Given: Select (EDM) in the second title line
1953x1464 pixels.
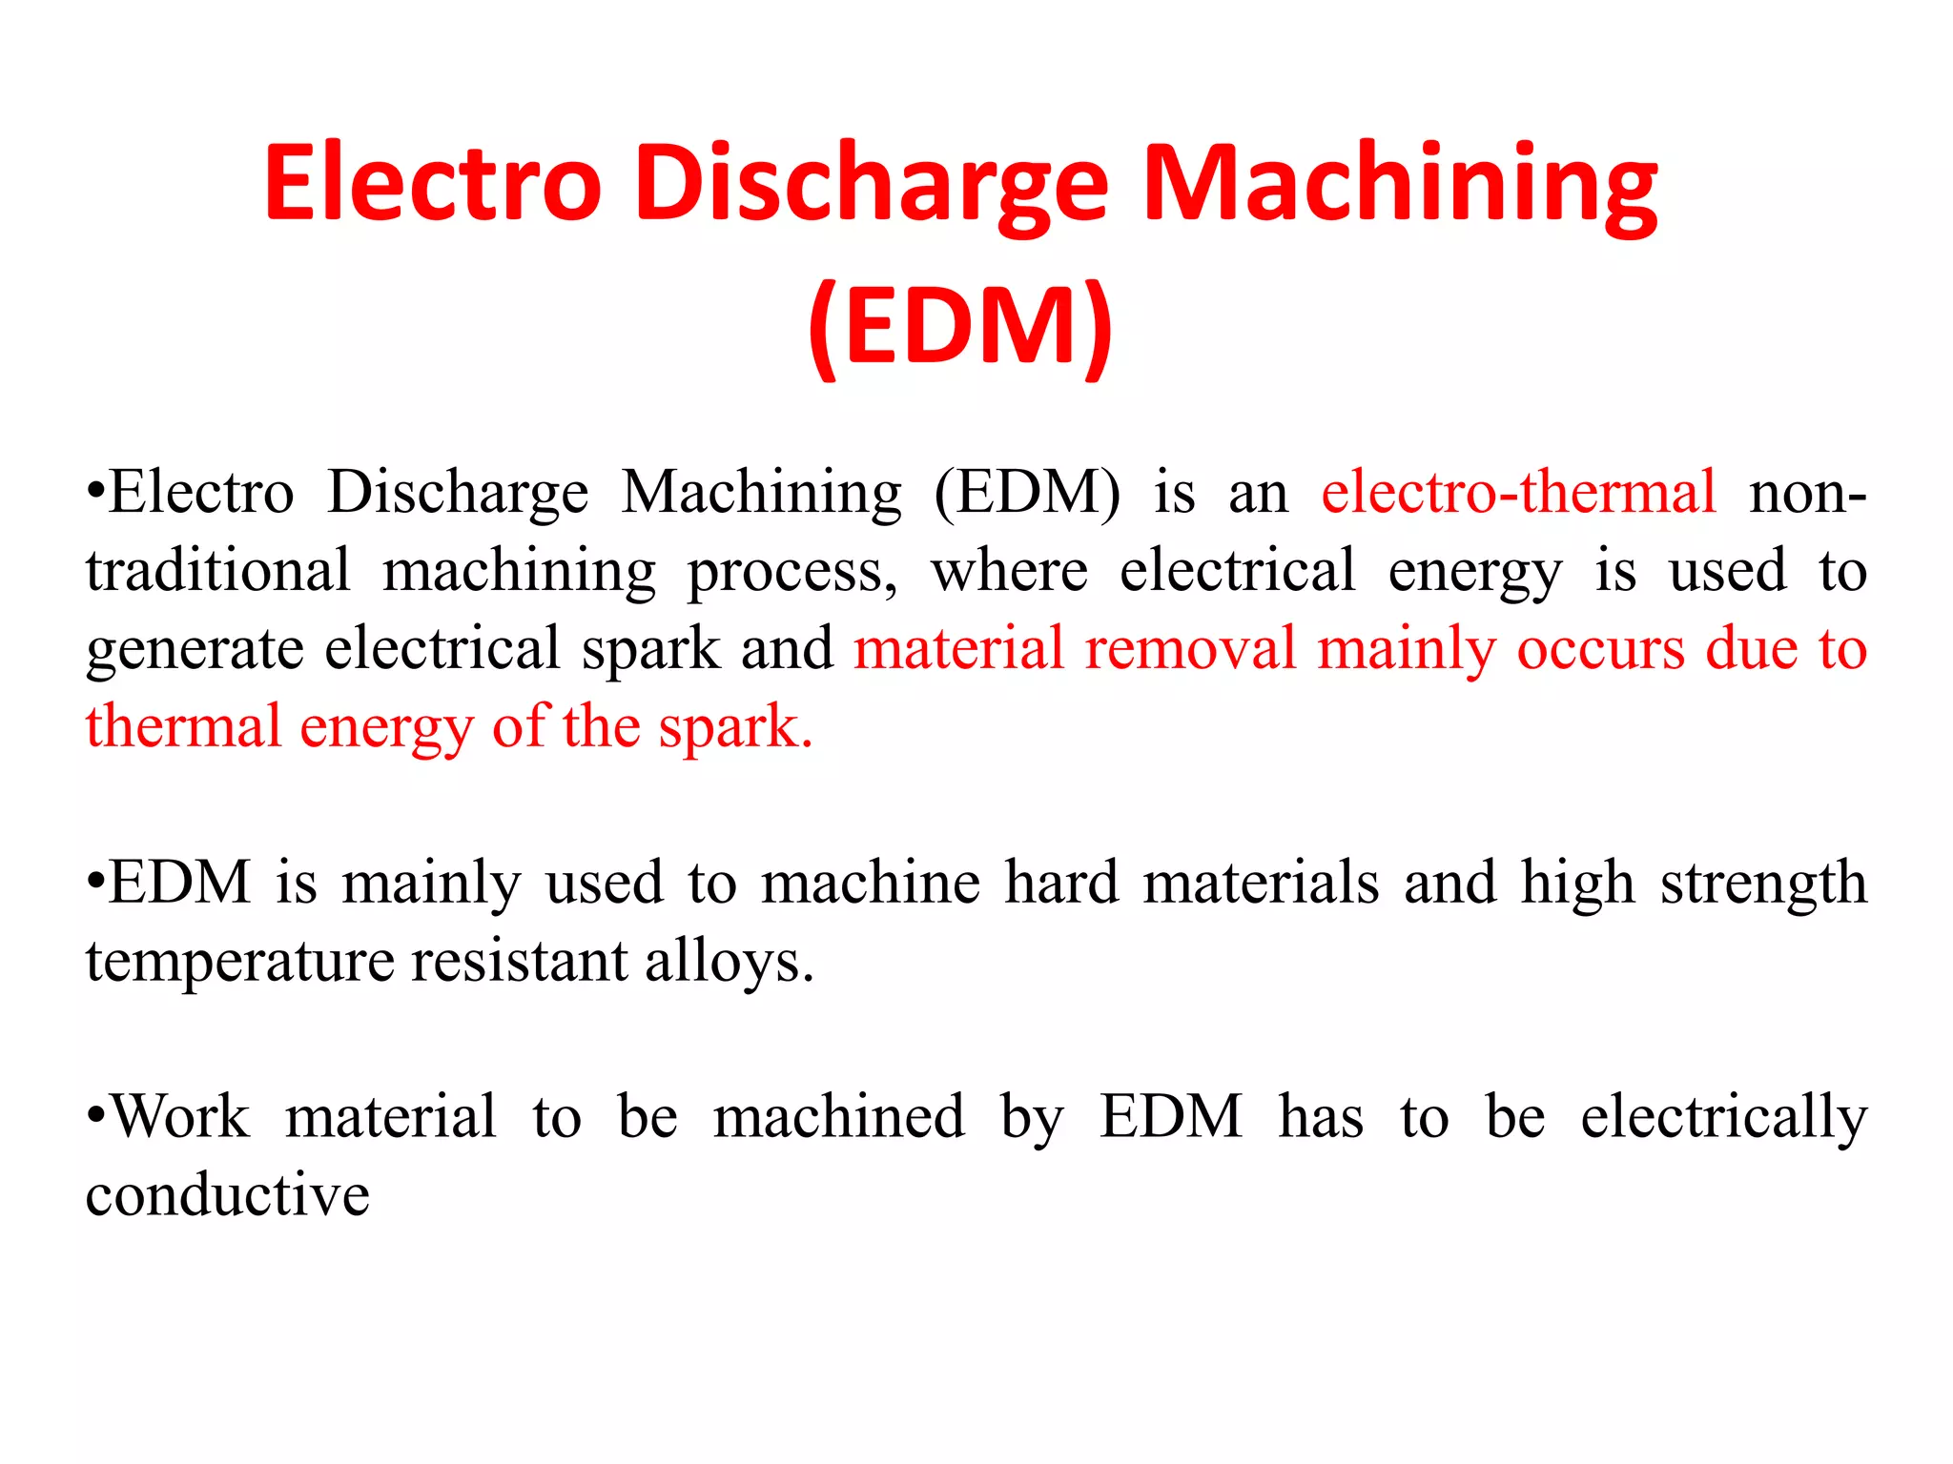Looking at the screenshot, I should click(x=960, y=326).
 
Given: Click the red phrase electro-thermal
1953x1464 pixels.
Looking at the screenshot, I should click(x=1518, y=493).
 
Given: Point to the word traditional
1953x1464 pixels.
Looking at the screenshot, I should click(x=217, y=570).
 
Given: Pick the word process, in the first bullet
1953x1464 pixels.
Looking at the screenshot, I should click(x=792, y=572).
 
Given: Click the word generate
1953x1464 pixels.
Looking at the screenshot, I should click(x=195, y=650).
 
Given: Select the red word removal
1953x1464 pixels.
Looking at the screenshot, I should click(x=1190, y=648).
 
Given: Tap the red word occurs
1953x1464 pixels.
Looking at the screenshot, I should click(x=1600, y=648).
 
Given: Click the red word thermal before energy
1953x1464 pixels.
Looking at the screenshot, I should click(x=183, y=726).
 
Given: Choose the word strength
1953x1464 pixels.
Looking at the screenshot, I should click(x=1763, y=884).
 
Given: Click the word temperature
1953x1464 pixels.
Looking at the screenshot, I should click(x=239, y=961).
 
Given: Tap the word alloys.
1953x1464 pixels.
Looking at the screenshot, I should click(x=730, y=961).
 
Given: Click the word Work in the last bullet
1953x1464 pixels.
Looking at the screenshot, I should click(x=180, y=1116).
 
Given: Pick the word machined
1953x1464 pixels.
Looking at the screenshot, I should click(x=838, y=1116).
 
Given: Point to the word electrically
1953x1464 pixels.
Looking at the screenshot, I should click(x=1723, y=1117).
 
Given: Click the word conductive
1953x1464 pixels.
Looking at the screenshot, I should click(x=227, y=1194).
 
